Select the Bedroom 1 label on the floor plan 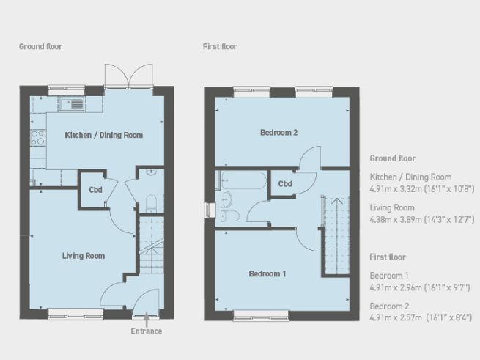267,274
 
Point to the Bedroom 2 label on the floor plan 278,133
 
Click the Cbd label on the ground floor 95,190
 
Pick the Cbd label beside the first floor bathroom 285,183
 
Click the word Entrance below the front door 147,332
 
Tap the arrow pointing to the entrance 147,319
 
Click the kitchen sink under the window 73,103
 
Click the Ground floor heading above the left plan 40,46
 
